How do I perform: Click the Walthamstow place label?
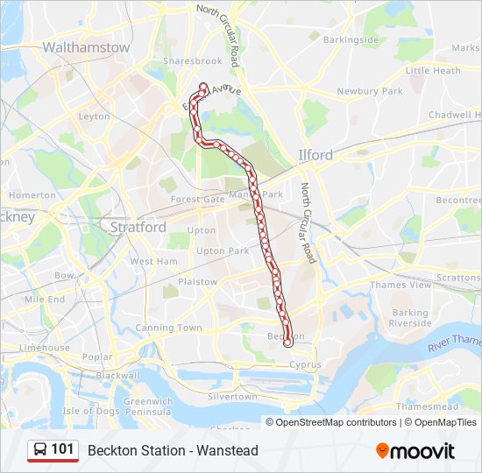pos(86,47)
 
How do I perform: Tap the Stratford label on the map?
pos(138,227)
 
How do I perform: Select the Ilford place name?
pos(315,155)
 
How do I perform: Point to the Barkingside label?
pos(351,40)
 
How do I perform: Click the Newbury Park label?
pos(369,91)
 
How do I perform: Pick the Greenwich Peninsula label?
pos(147,406)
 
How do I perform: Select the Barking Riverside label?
pos(410,318)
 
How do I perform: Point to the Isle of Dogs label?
pos(91,411)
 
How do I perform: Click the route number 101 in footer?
pos(62,449)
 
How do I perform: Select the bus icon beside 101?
pos(40,450)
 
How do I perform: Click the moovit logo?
pos(415,451)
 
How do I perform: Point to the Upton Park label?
pos(198,251)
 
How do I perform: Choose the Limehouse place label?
pos(44,348)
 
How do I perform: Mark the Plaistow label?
pos(197,282)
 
